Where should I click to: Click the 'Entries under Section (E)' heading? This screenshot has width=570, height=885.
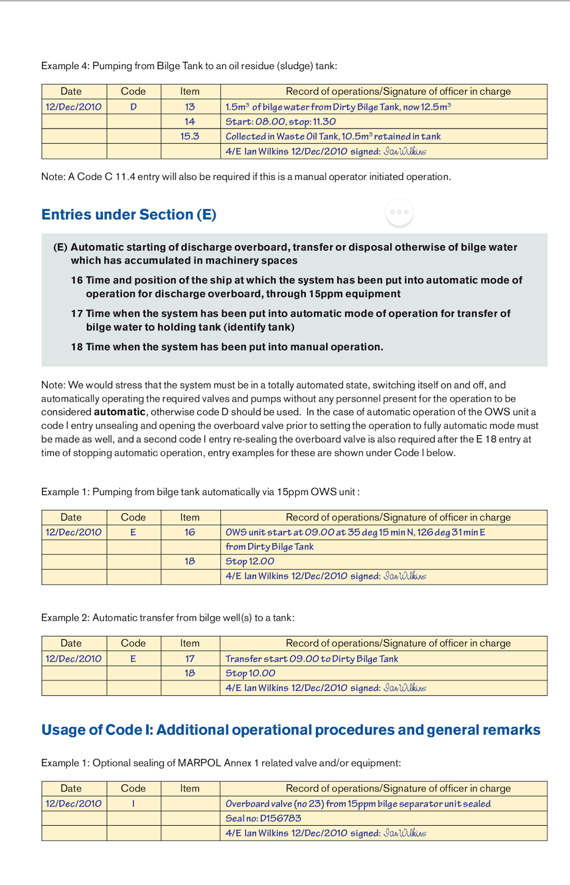129,215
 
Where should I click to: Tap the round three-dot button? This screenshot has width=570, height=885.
399,212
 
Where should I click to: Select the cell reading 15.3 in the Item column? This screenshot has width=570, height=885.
190,136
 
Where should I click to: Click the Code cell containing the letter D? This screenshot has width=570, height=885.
133,107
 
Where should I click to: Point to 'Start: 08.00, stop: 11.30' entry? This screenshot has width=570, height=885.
280,122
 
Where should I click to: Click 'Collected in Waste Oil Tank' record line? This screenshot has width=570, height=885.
333,136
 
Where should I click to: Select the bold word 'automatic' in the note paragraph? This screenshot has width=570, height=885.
119,412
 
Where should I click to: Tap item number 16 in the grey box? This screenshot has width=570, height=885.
77,280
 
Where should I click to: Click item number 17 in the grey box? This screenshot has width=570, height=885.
77,314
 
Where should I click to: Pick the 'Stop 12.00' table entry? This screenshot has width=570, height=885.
249,561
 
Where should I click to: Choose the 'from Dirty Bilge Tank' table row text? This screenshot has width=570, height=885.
269,546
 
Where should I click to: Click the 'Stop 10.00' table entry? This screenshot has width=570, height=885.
250,673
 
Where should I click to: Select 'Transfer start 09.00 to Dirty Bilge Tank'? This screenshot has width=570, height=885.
312,659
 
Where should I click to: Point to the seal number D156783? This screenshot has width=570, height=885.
263,818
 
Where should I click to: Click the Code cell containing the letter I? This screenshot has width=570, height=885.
133,804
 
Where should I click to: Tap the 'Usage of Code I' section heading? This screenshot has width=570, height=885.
291,730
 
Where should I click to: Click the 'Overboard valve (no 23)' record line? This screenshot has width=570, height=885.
358,804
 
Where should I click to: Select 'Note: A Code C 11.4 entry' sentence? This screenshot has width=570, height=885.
246,177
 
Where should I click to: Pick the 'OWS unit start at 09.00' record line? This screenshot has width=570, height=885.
355,532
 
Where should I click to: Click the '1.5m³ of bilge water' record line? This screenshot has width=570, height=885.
338,107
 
